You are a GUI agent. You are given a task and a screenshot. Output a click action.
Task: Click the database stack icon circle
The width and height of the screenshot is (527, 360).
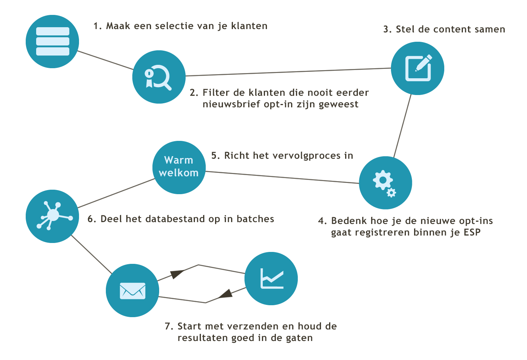click(52, 41)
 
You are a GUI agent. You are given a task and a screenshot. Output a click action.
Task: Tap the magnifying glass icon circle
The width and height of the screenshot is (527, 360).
click(159, 77)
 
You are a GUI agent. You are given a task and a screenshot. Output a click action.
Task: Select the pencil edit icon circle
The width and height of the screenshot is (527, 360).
click(417, 68)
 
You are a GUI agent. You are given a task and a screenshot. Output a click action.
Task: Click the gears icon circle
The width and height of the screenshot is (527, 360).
click(385, 183)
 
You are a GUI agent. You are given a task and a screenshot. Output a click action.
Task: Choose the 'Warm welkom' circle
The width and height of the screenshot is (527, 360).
click(179, 167)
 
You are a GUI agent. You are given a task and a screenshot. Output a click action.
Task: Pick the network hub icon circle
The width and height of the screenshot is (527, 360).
click(52, 216)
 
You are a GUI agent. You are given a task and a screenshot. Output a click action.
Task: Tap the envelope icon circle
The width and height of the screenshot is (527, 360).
click(132, 290)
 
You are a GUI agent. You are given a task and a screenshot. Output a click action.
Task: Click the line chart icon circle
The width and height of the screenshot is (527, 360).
click(271, 278)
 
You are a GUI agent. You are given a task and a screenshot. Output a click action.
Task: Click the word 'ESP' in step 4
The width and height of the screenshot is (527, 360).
click(472, 233)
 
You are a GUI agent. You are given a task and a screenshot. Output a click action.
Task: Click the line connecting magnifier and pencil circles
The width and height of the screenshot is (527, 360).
click(287, 72)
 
